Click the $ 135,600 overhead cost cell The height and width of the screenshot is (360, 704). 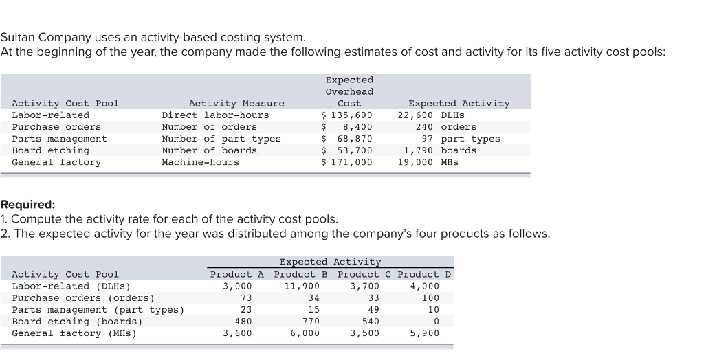pos(347,115)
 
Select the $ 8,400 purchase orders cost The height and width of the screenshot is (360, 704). pos(347,127)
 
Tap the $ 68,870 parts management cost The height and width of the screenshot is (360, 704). pos(347,139)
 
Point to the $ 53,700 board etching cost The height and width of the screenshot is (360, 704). pos(347,150)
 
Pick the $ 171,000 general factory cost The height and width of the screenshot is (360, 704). pos(347,162)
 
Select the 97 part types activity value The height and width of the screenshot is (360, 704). pos(461,139)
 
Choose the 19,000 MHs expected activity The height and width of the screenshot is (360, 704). pos(428,162)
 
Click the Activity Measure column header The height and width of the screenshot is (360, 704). pos(236,104)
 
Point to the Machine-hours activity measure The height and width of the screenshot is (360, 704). pos(200,162)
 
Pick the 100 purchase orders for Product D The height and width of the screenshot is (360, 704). pos(430,298)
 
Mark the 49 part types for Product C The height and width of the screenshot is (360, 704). pos(374,310)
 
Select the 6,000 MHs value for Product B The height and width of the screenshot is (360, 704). pos(305,333)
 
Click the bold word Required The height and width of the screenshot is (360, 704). pos(28,205)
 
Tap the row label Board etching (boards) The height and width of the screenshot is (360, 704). pos(77,322)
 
